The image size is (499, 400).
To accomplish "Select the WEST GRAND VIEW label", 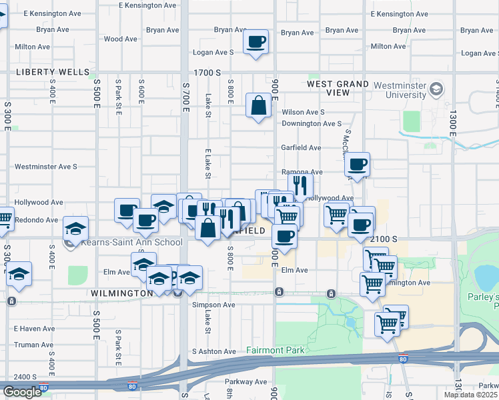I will [x=338, y=88].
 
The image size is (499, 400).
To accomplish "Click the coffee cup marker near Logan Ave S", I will [x=256, y=43].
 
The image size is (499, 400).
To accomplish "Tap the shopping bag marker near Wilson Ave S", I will [x=258, y=105].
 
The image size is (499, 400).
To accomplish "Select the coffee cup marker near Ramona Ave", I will [x=358, y=164].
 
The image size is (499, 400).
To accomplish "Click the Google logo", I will [x=22, y=392].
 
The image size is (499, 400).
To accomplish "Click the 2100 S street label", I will [x=385, y=239].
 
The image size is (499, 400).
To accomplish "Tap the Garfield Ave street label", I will [x=302, y=148].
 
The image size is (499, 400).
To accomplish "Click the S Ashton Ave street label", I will [x=214, y=351].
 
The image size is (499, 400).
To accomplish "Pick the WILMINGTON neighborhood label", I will [x=121, y=293].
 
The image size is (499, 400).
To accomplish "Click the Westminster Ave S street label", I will [x=46, y=167].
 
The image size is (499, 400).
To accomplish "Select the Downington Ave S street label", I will [x=312, y=124].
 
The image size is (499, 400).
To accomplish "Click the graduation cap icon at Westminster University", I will [x=436, y=89].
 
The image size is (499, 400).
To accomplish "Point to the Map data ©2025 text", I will [x=470, y=395].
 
